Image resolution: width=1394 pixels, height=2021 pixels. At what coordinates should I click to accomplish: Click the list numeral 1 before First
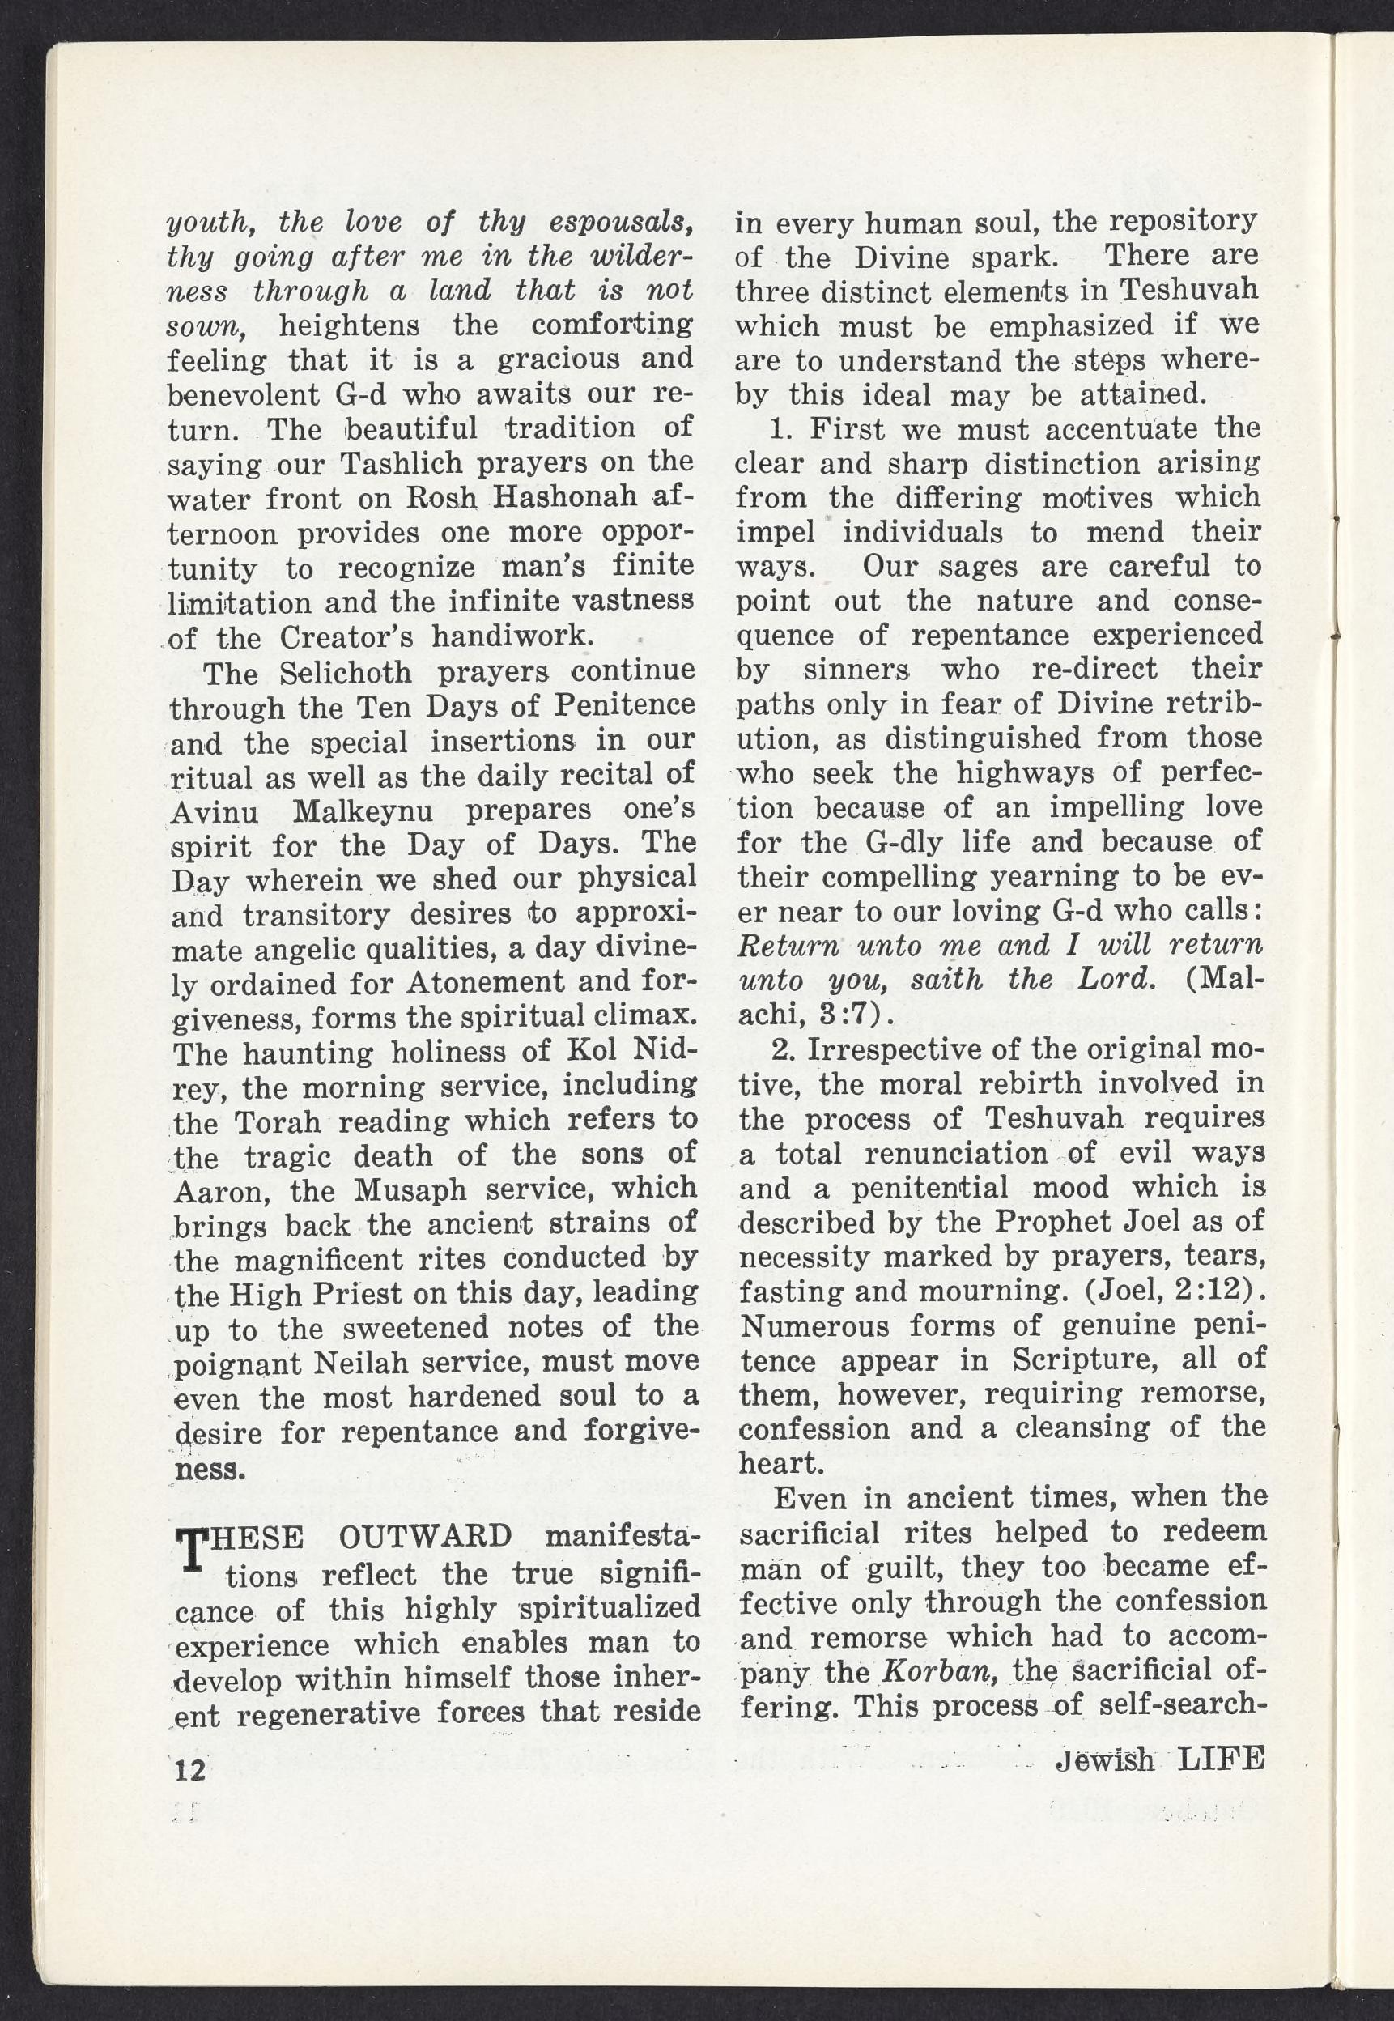pyautogui.click(x=778, y=431)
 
